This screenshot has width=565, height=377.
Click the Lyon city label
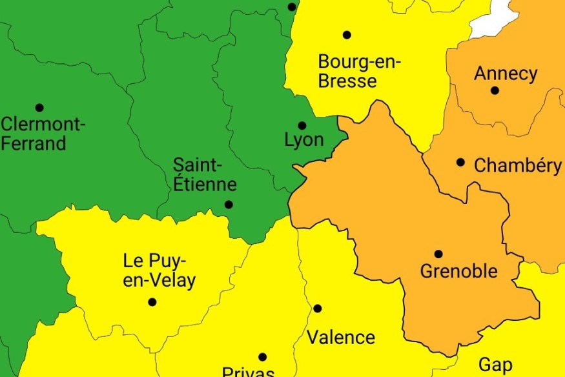(304, 139)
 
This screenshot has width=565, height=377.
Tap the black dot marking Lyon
(302, 125)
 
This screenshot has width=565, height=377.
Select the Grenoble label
(459, 270)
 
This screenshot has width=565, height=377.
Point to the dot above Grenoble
(438, 254)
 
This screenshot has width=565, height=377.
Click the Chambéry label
(518, 165)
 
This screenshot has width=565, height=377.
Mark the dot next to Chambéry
(460, 162)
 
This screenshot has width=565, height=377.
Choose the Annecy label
(506, 74)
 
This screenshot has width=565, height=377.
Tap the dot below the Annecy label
(495, 90)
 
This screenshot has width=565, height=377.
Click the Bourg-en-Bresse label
(359, 72)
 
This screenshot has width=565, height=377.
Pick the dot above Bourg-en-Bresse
(347, 35)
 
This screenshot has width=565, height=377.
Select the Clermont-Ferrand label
(43, 133)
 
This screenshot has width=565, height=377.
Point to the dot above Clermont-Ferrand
(39, 107)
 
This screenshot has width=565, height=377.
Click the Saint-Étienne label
(205, 174)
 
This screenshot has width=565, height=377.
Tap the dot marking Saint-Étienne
(229, 205)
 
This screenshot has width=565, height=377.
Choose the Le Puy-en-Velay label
(159, 270)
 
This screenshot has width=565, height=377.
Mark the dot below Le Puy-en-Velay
(152, 301)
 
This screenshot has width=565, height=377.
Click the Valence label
(341, 337)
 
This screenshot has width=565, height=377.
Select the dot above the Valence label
(317, 309)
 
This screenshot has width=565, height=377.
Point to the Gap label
(496, 365)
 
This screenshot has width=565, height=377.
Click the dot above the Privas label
(262, 357)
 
